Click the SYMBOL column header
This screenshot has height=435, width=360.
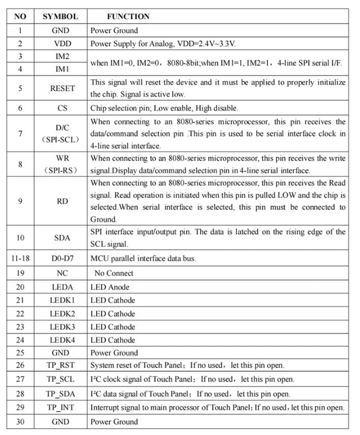coord(60,17)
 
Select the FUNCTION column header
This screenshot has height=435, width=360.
coord(128,17)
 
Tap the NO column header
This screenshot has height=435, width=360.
coord(20,17)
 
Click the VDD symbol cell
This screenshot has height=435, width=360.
coord(62,44)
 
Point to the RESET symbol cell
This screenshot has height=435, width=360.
coord(62,88)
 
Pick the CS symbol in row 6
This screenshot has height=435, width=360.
coord(62,108)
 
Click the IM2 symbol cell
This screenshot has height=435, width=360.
coord(62,56)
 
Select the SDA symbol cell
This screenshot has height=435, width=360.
coord(62,238)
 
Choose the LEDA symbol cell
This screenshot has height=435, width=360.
coord(62,287)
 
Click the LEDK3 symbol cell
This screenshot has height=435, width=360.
coord(62,327)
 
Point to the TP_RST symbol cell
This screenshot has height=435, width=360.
coord(62,365)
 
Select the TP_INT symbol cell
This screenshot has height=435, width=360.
coord(62,408)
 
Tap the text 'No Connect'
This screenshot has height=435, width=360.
coord(114,273)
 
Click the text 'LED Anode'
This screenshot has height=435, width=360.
coord(110,287)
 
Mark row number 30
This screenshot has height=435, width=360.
coord(20,422)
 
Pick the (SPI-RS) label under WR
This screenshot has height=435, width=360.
coord(62,170)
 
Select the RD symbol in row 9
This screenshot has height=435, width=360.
coord(62,201)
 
